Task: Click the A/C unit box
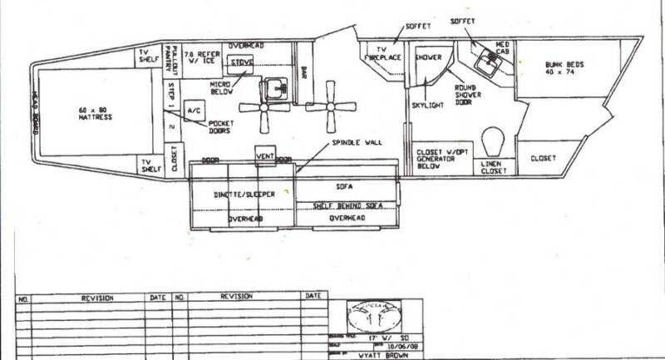(x=195, y=111)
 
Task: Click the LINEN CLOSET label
(x=497, y=170)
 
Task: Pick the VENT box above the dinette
(x=265, y=154)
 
